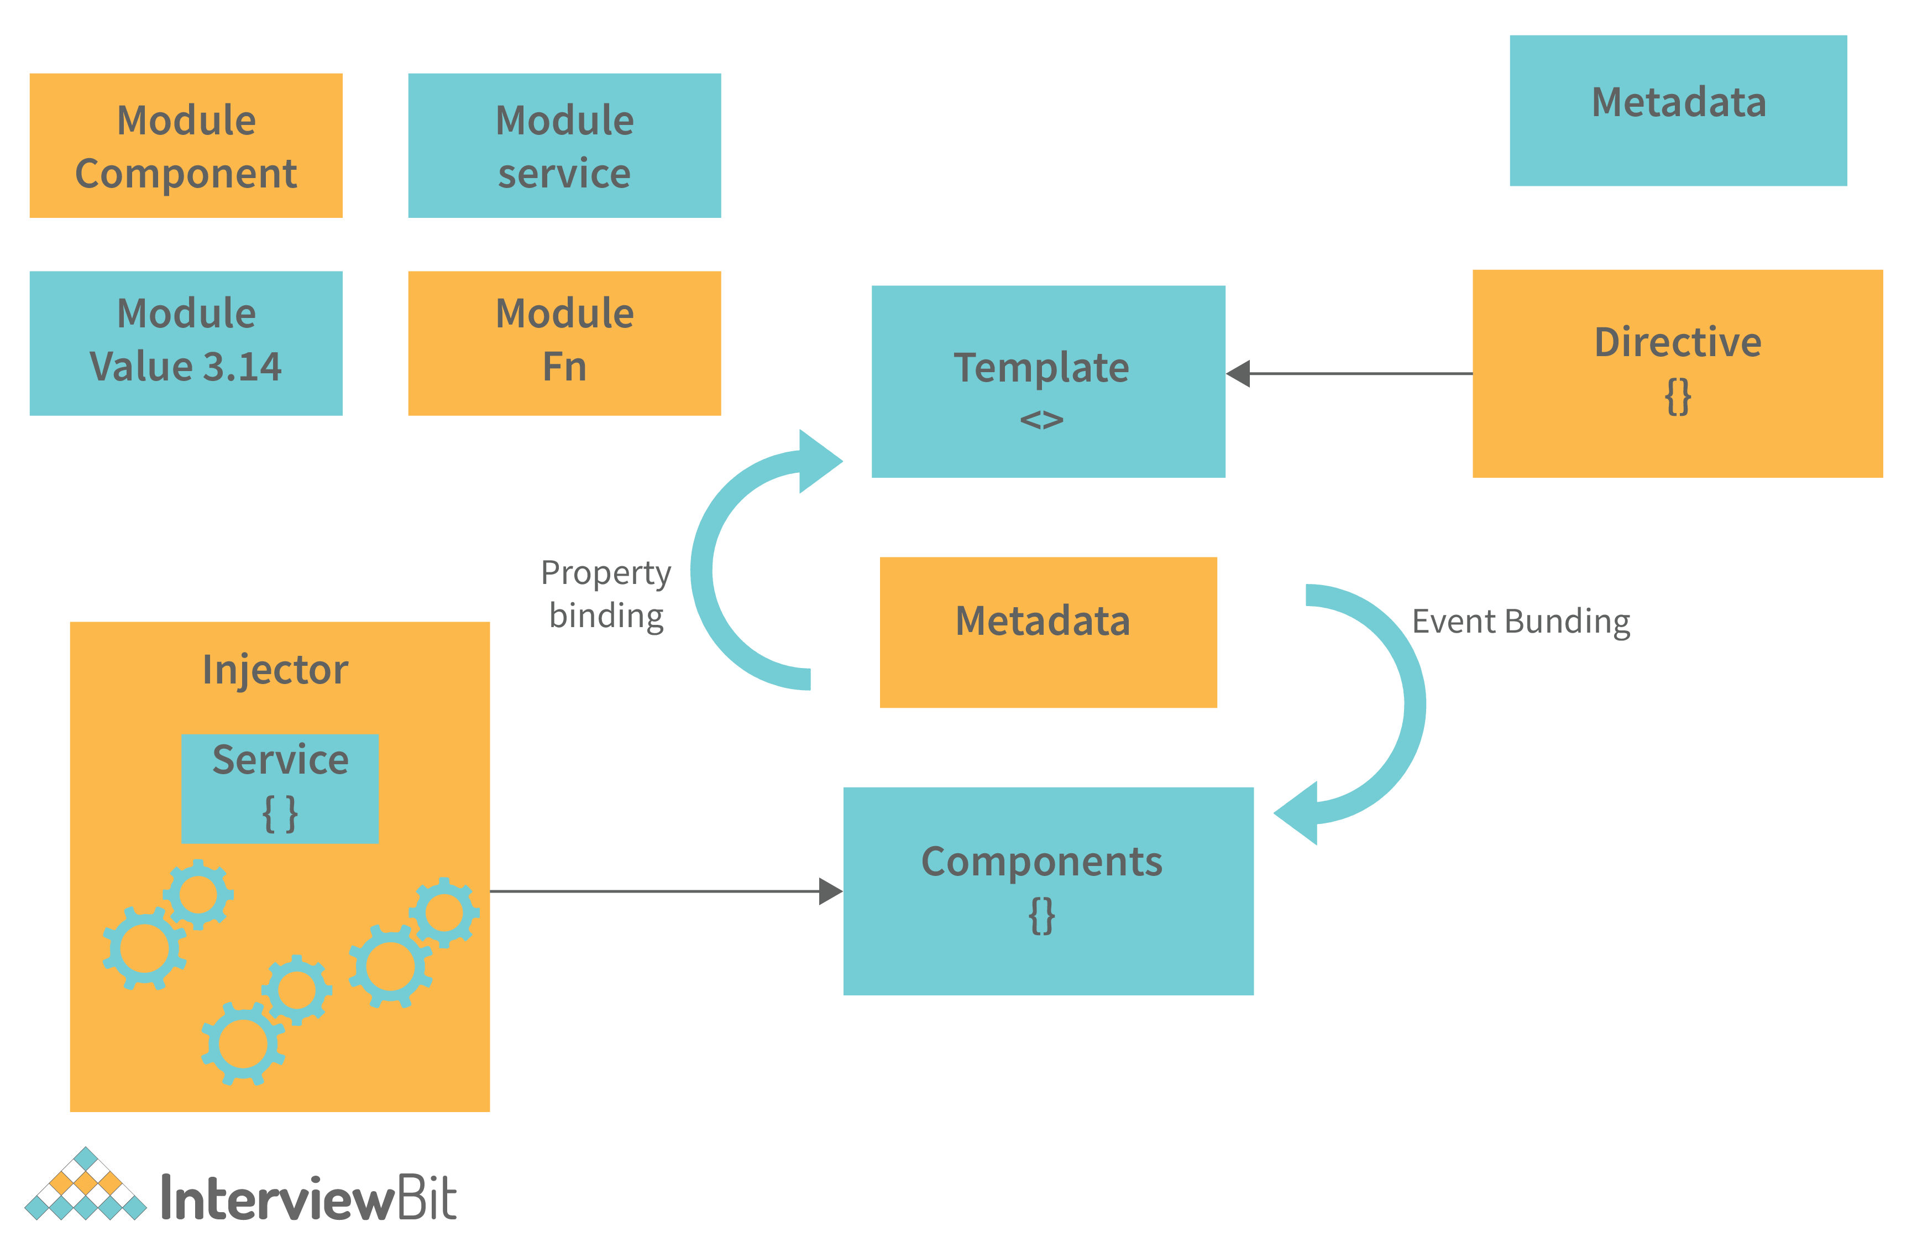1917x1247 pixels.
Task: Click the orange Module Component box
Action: coord(186,146)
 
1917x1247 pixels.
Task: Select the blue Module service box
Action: coord(564,146)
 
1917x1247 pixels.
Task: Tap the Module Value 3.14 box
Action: coord(186,343)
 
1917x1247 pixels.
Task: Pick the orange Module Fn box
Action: coord(564,343)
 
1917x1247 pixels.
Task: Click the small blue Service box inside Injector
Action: coord(280,788)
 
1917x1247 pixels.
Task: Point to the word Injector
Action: coord(275,670)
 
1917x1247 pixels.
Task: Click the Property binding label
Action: coord(606,594)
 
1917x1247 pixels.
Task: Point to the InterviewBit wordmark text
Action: coord(308,1198)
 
